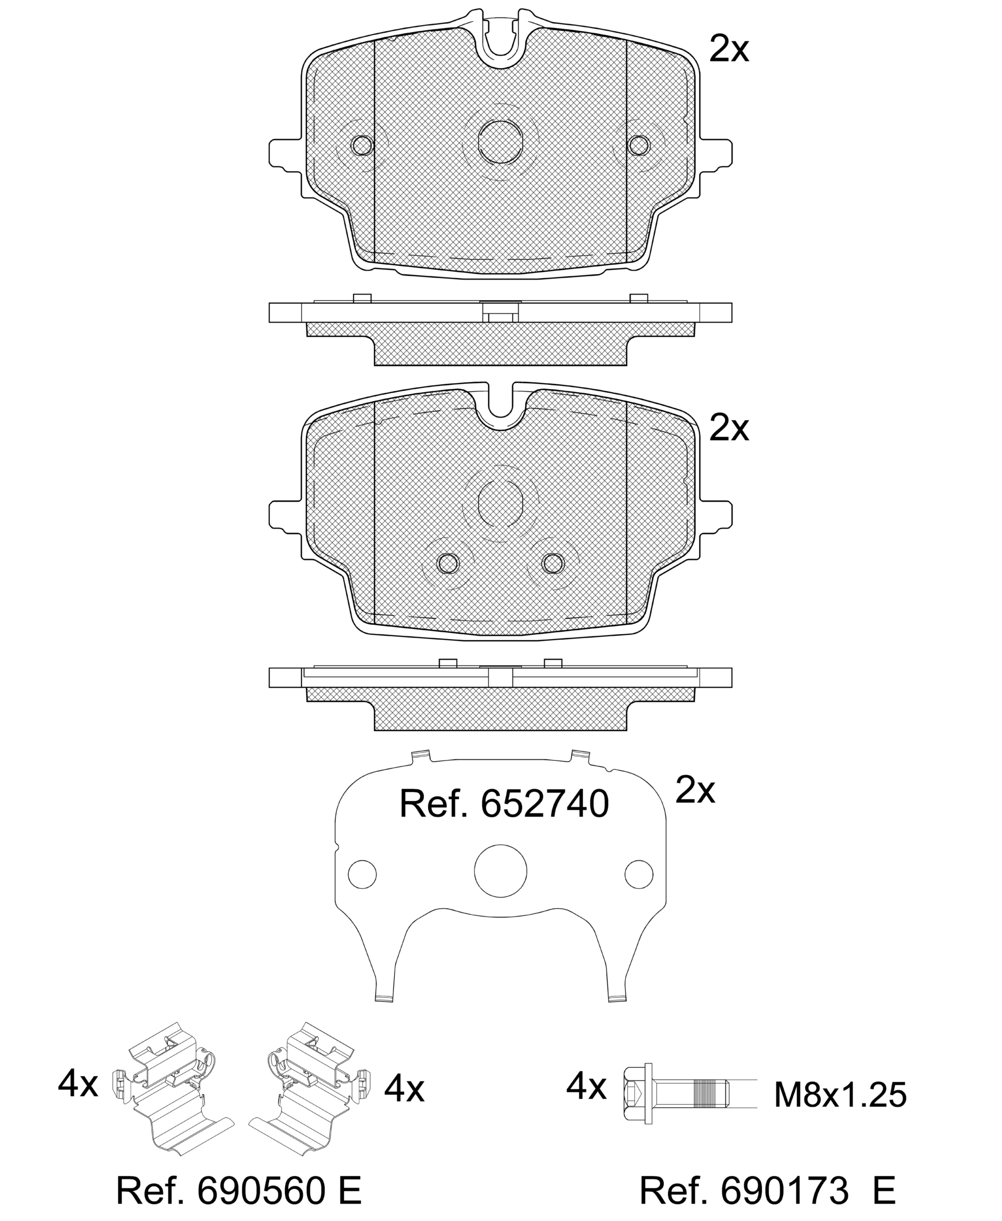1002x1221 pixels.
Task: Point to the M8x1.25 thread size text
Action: [840, 1095]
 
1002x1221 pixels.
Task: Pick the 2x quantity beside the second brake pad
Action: [729, 428]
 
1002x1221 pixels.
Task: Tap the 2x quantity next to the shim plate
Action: [695, 790]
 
